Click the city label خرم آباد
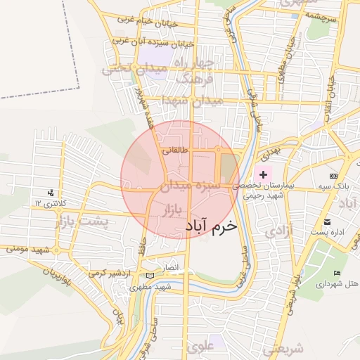[212, 227]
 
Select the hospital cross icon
[264, 174]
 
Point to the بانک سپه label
[333, 186]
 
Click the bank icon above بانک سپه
[333, 175]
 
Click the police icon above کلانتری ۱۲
[50, 192]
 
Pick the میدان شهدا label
[192, 101]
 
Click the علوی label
[200, 346]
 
